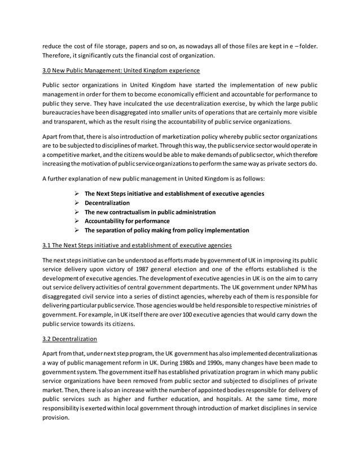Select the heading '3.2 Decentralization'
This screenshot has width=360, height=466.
point(69,340)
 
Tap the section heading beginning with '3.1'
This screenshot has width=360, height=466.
point(136,245)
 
